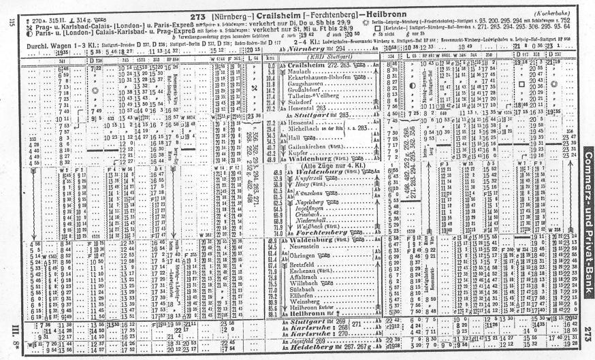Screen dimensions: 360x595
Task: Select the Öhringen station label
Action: (296, 255)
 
